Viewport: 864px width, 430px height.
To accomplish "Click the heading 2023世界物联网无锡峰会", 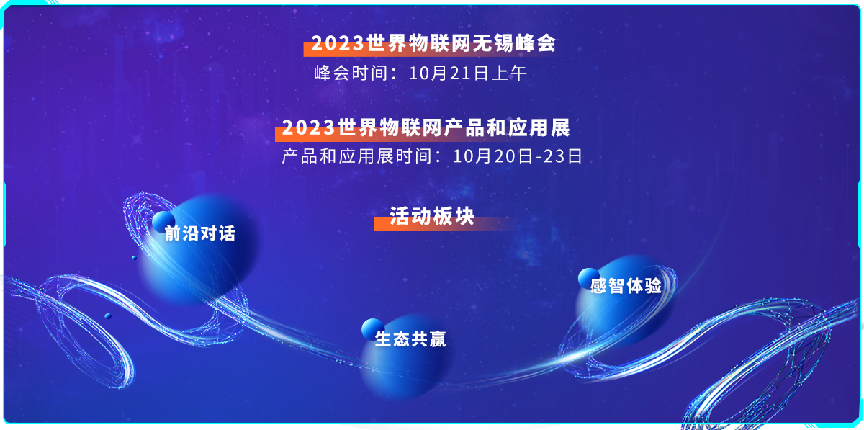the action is click(433, 42).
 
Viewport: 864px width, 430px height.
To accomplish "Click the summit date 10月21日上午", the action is click(467, 73).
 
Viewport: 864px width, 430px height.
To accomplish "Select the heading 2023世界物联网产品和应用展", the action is click(426, 127).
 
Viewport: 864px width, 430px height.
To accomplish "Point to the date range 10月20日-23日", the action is click(517, 156).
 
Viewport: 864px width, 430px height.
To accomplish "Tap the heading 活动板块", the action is click(432, 216).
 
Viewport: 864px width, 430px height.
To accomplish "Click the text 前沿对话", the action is click(200, 233).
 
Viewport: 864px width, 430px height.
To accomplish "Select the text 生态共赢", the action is click(410, 339).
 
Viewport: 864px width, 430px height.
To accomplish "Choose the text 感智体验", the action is click(626, 286).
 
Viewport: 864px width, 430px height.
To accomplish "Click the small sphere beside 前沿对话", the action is click(163, 222).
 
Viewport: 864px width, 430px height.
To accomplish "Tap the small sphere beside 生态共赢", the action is click(373, 330).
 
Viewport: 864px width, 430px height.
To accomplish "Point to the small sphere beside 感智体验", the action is click(589, 278).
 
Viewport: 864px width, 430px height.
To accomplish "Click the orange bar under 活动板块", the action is click(444, 224).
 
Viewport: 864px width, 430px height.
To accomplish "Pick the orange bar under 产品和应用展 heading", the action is click(423, 134).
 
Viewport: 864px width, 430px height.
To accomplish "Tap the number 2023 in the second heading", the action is click(308, 127).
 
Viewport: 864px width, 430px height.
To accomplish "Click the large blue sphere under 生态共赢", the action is click(405, 357).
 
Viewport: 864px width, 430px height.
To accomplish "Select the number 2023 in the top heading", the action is click(338, 43).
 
